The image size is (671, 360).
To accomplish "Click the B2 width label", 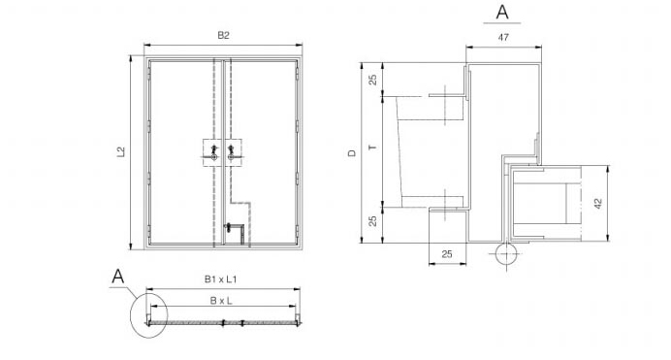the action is click(x=223, y=36).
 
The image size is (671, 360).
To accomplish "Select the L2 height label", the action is click(x=121, y=152).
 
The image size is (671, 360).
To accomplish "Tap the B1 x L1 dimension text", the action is click(x=220, y=279).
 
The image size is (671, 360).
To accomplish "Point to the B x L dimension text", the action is click(x=221, y=301).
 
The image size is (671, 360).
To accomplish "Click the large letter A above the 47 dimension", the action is click(x=502, y=12).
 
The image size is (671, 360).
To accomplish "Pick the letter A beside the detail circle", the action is click(x=117, y=277).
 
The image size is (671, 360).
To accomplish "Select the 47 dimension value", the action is click(x=503, y=38).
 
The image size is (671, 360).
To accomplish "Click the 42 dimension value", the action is click(x=598, y=203).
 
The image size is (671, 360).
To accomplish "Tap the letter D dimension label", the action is click(x=352, y=152).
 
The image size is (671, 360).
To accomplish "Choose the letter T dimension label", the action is click(x=373, y=147).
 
